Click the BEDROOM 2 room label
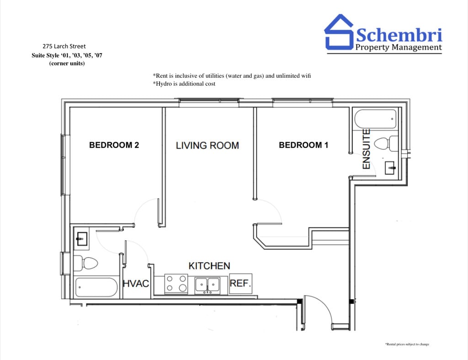point(114,145)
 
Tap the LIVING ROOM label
point(207,145)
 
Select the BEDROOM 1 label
point(303,145)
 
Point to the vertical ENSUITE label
point(366,149)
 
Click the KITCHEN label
point(209,266)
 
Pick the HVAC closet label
point(136,283)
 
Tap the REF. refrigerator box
point(240,284)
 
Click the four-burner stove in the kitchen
point(176,284)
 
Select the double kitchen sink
point(207,285)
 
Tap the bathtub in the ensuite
point(376,119)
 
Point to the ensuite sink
point(390,168)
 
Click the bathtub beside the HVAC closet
point(96,287)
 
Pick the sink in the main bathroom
point(81,239)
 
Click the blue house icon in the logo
point(339,32)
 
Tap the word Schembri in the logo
point(399,35)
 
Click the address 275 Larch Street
point(64,46)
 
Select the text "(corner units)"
point(67,63)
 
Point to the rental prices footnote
point(407,344)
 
